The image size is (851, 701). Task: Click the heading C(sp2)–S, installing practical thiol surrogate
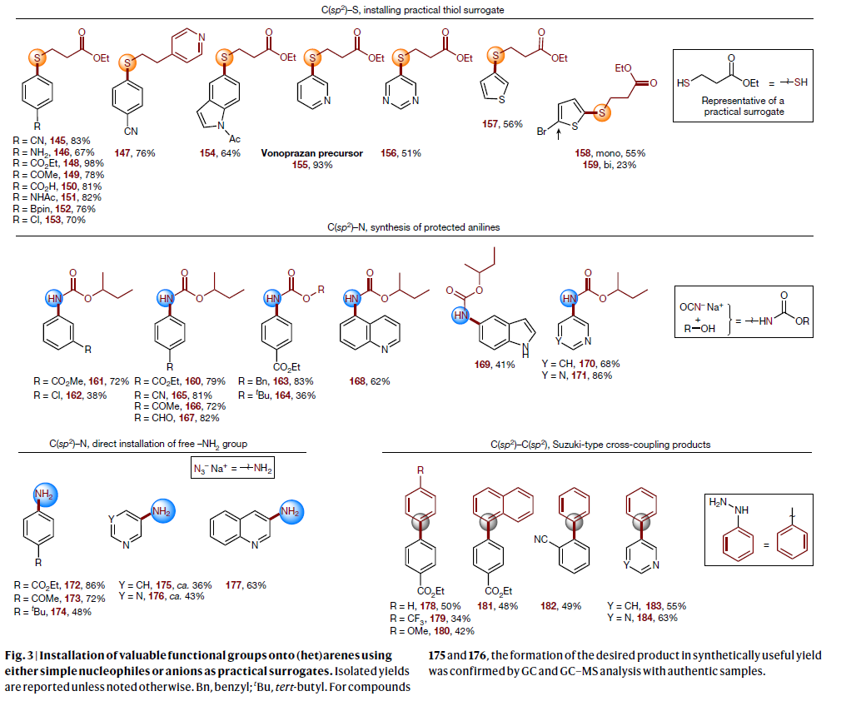pyautogui.click(x=425, y=9)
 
